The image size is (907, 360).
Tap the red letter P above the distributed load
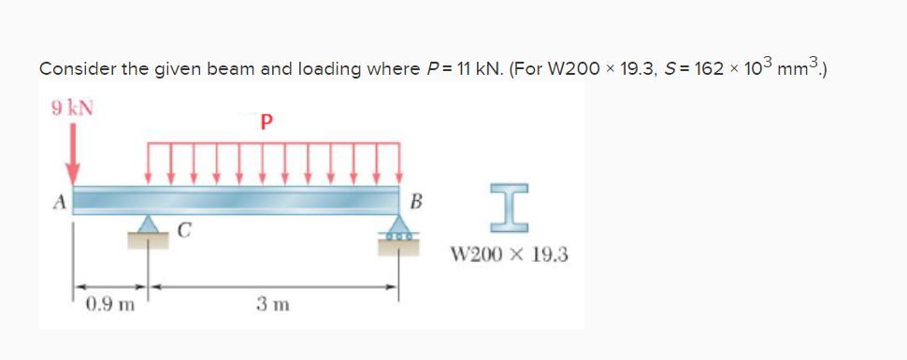tap(267, 122)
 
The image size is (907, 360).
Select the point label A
tap(57, 199)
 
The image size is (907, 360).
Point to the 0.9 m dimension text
tap(109, 303)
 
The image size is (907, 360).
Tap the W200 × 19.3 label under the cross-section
tap(509, 254)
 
